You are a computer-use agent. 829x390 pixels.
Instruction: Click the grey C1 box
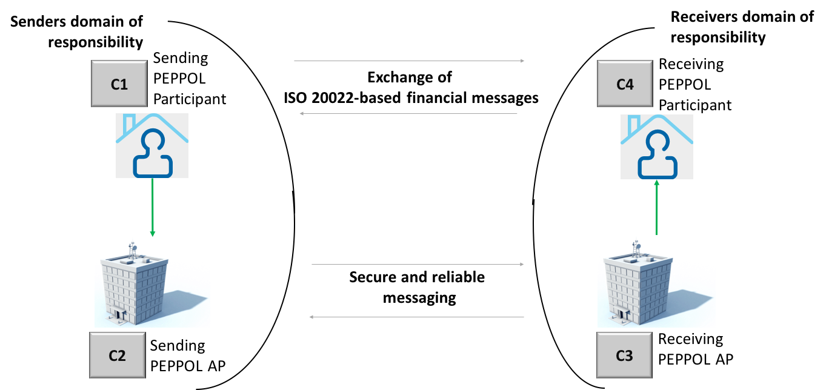pyautogui.click(x=119, y=84)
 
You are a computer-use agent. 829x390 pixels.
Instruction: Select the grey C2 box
pyautogui.click(x=118, y=355)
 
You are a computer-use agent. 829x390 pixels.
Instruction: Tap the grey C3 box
pyautogui.click(x=624, y=355)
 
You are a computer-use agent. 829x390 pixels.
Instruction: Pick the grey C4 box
pyautogui.click(x=625, y=84)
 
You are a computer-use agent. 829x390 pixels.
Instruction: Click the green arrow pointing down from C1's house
pyautogui.click(x=153, y=207)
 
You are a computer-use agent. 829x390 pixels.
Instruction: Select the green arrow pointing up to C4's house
pyautogui.click(x=656, y=207)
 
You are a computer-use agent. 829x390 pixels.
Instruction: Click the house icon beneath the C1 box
pyautogui.click(x=152, y=146)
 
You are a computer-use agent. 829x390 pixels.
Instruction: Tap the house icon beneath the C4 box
pyautogui.click(x=657, y=147)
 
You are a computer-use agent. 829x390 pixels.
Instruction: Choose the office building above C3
pyautogui.click(x=638, y=284)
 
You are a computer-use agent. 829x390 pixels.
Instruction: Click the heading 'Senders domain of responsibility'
pyautogui.click(x=76, y=31)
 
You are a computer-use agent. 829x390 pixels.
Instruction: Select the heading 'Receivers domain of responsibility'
pyautogui.click(x=742, y=27)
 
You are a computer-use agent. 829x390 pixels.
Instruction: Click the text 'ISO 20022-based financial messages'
pyautogui.click(x=411, y=98)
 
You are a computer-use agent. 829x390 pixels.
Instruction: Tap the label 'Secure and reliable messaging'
pyautogui.click(x=417, y=287)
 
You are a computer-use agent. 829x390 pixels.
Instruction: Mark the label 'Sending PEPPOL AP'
pyautogui.click(x=188, y=355)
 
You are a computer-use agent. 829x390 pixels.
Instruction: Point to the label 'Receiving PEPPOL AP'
pyautogui.click(x=696, y=349)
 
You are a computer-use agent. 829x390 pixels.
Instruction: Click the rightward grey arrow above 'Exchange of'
pyautogui.click(x=409, y=61)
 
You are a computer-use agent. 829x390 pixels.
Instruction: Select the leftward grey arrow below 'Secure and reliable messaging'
pyautogui.click(x=416, y=317)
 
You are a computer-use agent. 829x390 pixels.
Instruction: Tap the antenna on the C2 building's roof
pyautogui.click(x=132, y=250)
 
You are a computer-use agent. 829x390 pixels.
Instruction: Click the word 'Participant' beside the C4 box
pyautogui.click(x=695, y=105)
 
